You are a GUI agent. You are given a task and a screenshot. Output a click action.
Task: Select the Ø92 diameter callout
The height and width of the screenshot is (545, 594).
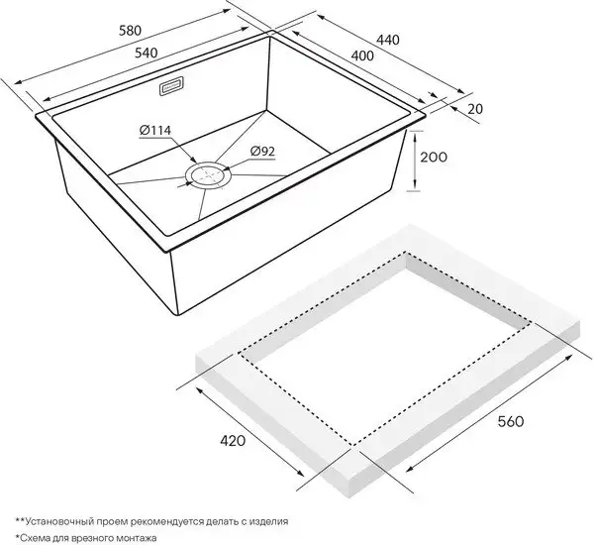tap(262, 151)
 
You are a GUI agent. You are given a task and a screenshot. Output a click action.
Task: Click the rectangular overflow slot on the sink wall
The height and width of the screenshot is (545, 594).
tap(166, 86)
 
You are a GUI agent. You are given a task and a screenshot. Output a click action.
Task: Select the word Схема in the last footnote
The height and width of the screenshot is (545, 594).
tap(42, 536)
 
